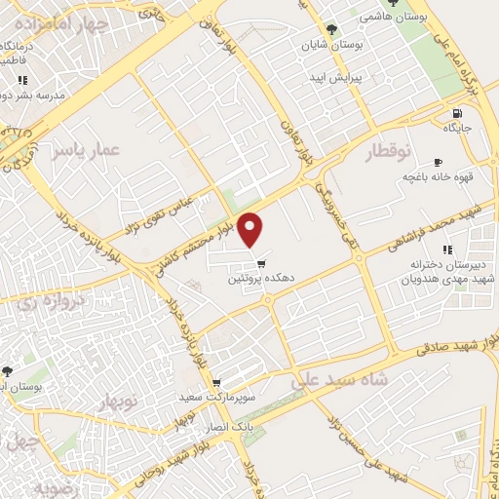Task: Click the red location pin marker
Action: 251,230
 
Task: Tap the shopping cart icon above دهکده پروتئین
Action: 260,264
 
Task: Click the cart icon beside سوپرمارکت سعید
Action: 215,383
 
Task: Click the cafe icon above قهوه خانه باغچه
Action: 438,162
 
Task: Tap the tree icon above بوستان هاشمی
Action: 393,3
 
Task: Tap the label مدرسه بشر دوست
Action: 36,96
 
